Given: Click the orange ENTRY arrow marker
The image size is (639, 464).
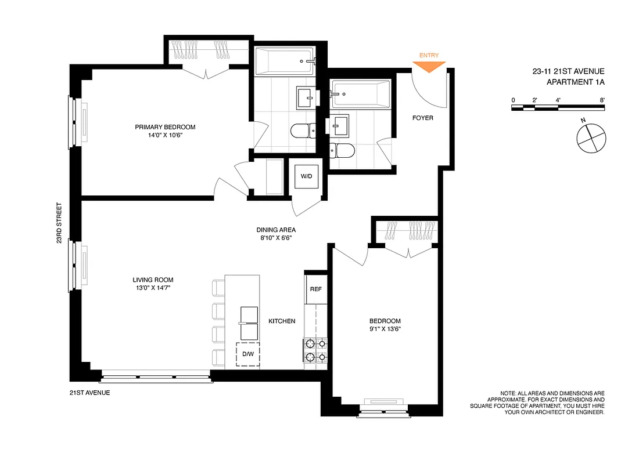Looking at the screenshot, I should pos(429,66).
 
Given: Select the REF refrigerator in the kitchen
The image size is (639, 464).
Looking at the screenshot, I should pos(315,289).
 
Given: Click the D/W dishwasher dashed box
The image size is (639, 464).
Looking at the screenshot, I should pos(248,354).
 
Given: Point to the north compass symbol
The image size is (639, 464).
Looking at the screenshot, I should pos(590,137).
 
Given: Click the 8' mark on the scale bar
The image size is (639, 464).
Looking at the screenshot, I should pos(604,100).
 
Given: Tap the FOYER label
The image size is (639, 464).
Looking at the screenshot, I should pos(422,118).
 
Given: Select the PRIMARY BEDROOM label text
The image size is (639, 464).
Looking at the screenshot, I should pos(165,127).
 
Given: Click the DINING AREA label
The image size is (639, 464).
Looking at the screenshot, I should pos(276,229).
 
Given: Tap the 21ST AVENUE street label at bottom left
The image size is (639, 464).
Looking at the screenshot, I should pos(89,393).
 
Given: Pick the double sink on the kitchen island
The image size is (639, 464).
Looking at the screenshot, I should pos(249,323).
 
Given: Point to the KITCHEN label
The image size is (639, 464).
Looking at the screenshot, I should pos(282,321).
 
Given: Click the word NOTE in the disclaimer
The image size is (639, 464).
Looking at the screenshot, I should pos(508,393).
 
